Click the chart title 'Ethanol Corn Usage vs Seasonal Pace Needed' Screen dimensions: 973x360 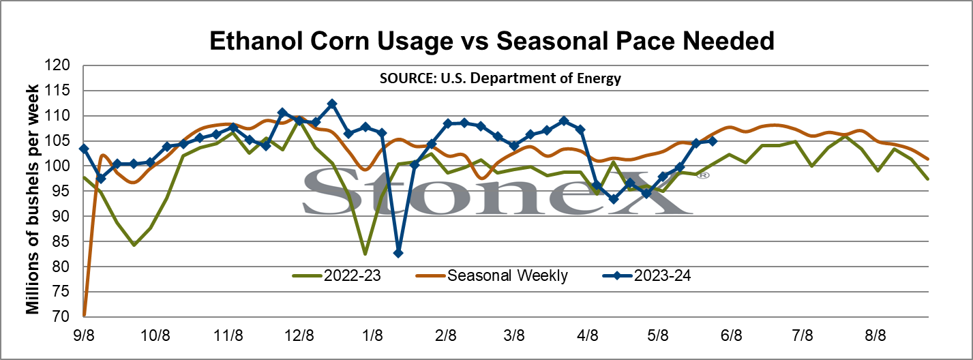click(492, 41)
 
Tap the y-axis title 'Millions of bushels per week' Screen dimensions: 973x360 click(33, 199)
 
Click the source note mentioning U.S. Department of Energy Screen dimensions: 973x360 click(500, 78)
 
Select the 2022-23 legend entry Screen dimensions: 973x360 click(337, 275)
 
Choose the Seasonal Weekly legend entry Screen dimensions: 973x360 click(492, 275)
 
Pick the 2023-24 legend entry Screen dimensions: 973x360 click(646, 275)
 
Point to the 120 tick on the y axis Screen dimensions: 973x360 click(57, 65)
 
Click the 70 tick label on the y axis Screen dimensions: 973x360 click(61, 316)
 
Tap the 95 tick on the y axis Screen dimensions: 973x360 click(61, 191)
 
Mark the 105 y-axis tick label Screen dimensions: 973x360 click(57, 140)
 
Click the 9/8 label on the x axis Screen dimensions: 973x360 click(84, 336)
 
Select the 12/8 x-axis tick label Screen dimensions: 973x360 click(299, 336)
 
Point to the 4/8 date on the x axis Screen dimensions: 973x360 click(587, 336)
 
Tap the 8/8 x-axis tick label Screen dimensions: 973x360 click(875, 336)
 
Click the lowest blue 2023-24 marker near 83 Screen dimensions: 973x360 click(398, 253)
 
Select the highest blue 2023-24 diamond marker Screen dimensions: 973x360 click(332, 104)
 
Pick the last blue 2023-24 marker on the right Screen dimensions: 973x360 click(713, 141)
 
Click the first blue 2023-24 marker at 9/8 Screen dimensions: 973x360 click(84, 149)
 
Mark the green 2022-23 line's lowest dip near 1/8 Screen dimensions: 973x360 click(365, 254)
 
